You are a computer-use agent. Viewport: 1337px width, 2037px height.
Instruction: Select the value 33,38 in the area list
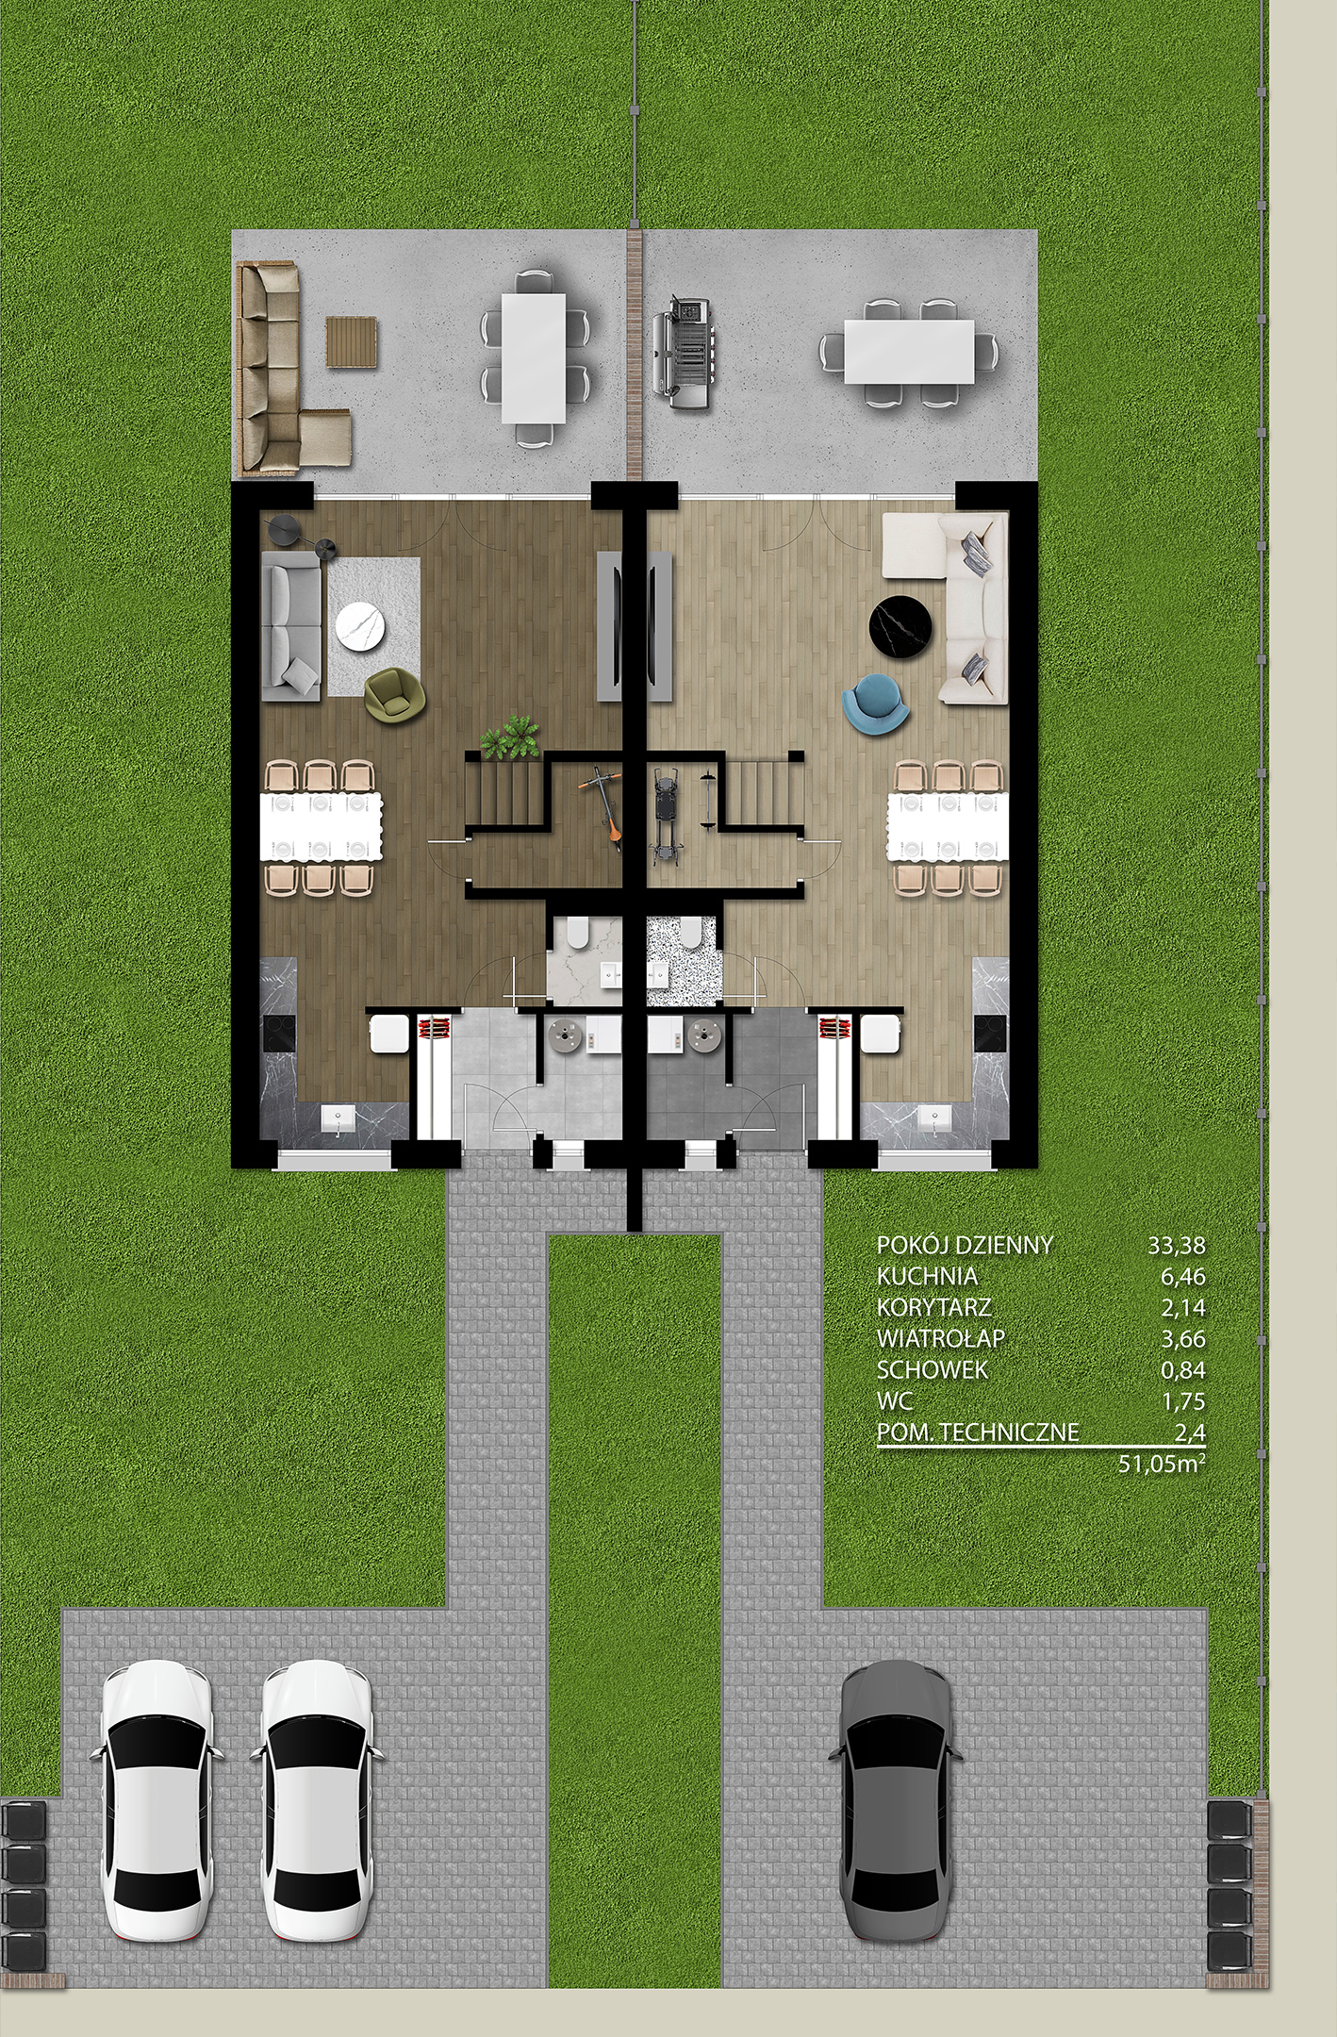tap(1177, 1245)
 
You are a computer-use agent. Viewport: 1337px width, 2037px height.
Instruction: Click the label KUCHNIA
tap(927, 1276)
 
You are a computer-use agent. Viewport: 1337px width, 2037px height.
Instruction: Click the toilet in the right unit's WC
tap(691, 932)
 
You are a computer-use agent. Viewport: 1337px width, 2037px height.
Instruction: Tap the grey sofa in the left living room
tap(293, 626)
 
